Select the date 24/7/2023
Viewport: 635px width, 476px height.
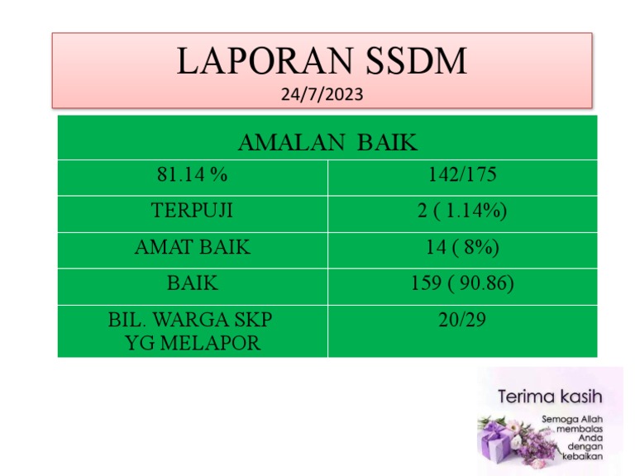pos(322,93)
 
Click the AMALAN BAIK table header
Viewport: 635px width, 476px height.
pos(327,142)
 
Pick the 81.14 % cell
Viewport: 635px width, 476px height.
pos(192,175)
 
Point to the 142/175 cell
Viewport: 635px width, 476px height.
pos(462,175)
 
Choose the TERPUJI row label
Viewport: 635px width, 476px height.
pos(192,211)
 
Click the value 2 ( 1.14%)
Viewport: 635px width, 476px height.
pos(462,211)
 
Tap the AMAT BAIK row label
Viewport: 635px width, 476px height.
pos(192,247)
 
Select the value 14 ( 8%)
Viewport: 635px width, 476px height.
pos(462,247)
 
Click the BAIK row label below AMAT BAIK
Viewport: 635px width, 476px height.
pos(192,283)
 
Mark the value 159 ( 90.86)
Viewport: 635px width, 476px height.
pos(462,283)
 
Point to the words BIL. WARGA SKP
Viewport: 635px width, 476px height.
pos(190,320)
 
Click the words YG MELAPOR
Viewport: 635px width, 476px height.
pos(192,341)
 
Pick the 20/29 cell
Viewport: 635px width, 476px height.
pos(462,320)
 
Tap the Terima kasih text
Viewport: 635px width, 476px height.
pos(550,396)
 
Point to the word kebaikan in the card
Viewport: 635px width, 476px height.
pos(583,455)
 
